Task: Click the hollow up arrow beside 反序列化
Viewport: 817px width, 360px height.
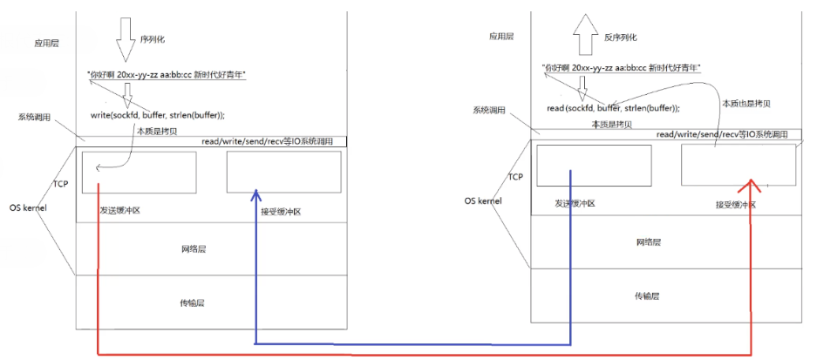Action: click(583, 38)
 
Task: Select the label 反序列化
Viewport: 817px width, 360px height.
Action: click(620, 37)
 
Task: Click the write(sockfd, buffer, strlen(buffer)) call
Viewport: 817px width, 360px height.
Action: click(157, 115)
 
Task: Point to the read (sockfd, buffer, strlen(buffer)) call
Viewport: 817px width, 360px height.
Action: click(613, 107)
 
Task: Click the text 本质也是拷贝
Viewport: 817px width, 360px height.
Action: click(746, 103)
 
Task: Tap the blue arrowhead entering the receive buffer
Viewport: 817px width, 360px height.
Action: click(255, 194)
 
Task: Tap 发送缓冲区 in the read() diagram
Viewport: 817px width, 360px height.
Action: click(576, 203)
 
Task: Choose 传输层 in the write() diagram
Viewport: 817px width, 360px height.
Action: click(192, 302)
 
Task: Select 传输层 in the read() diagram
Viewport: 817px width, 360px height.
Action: click(649, 295)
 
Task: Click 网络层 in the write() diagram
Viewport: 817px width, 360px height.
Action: click(194, 248)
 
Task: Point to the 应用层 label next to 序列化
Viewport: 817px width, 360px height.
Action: click(45, 42)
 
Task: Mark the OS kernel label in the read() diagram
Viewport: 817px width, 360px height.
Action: click(484, 200)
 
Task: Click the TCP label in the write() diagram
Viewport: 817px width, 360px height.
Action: click(60, 184)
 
